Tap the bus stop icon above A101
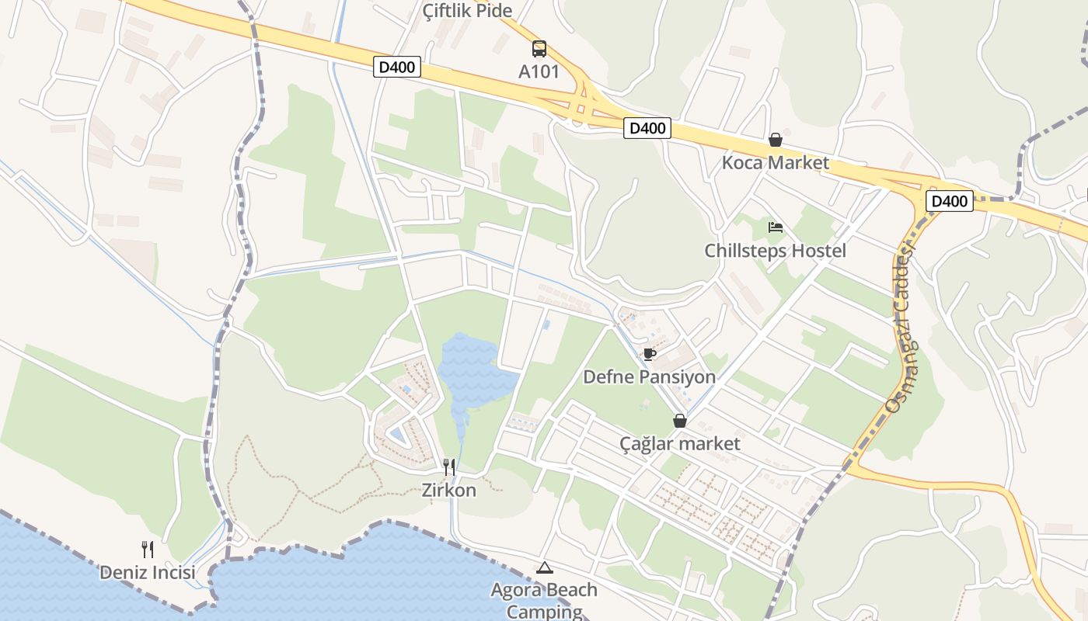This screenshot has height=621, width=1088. point(539,49)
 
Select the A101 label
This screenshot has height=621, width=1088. point(539,71)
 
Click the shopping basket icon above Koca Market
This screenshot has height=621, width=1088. point(775,140)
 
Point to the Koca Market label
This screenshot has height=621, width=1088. point(775,163)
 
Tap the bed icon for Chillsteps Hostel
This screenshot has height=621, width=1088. point(775,227)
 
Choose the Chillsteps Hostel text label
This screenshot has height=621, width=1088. point(775,251)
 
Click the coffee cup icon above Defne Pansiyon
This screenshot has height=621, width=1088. point(650,354)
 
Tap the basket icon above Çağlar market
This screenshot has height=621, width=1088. point(680,421)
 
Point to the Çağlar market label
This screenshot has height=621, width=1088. point(680,444)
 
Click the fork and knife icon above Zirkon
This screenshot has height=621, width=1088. point(449,467)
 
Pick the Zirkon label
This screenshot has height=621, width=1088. point(449,491)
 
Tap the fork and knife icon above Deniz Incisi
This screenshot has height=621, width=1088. point(148,550)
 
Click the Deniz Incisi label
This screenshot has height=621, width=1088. point(148,573)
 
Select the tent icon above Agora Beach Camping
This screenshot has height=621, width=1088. point(544,567)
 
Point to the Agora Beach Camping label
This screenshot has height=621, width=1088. point(544,600)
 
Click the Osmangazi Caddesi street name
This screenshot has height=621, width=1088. point(900,326)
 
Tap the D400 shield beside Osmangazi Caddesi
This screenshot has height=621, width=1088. point(949,202)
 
